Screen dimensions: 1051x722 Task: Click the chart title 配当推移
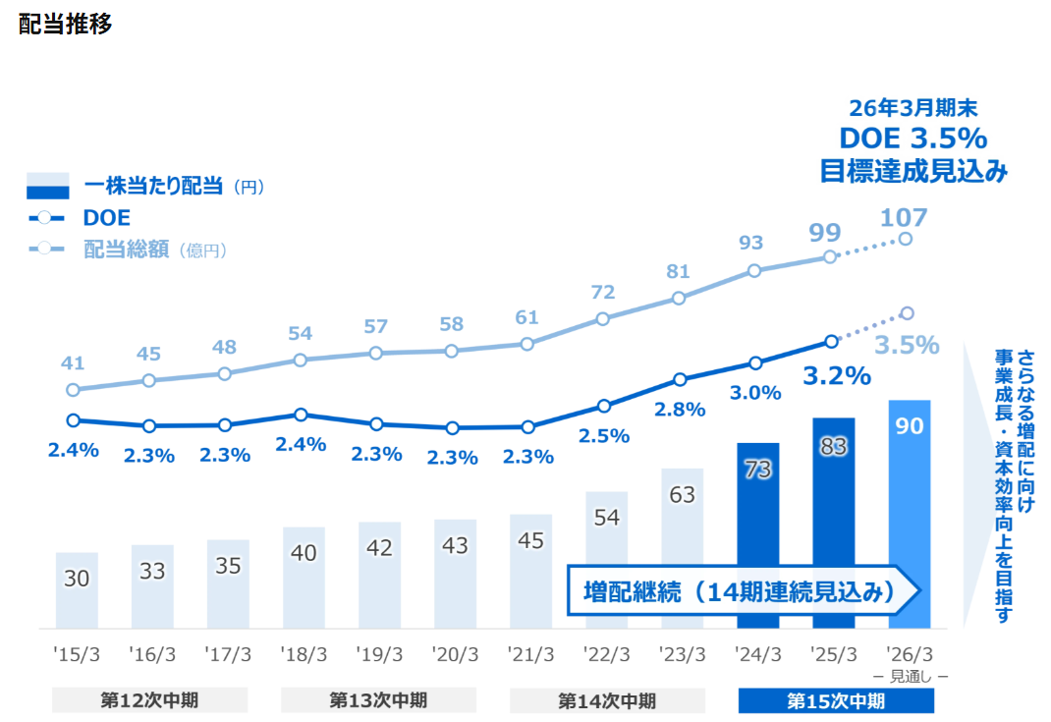click(x=65, y=25)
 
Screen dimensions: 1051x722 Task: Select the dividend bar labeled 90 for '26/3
click(x=909, y=514)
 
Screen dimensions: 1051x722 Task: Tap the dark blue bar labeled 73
click(x=758, y=535)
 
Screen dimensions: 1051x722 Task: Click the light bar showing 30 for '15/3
click(x=77, y=590)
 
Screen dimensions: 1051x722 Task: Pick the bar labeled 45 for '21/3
click(x=530, y=571)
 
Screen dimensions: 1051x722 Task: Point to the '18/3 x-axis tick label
click(x=304, y=654)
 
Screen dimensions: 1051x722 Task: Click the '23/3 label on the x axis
click(x=682, y=654)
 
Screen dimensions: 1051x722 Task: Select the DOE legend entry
click(x=80, y=218)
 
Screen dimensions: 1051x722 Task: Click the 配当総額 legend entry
click(x=128, y=250)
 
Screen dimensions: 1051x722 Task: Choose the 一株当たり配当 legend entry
click(x=145, y=186)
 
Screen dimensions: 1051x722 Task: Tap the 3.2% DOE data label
click(x=837, y=376)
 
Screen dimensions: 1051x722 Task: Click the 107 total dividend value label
click(x=904, y=218)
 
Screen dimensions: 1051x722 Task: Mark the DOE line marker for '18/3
click(x=301, y=415)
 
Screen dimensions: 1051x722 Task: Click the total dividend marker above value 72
click(x=602, y=319)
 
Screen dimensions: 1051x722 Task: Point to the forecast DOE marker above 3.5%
click(x=907, y=313)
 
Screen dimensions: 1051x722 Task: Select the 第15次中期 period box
click(x=836, y=701)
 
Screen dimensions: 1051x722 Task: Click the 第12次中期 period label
click(x=149, y=700)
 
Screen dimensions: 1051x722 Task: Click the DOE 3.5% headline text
click(x=913, y=139)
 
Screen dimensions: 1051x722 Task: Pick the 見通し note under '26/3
click(x=911, y=677)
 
